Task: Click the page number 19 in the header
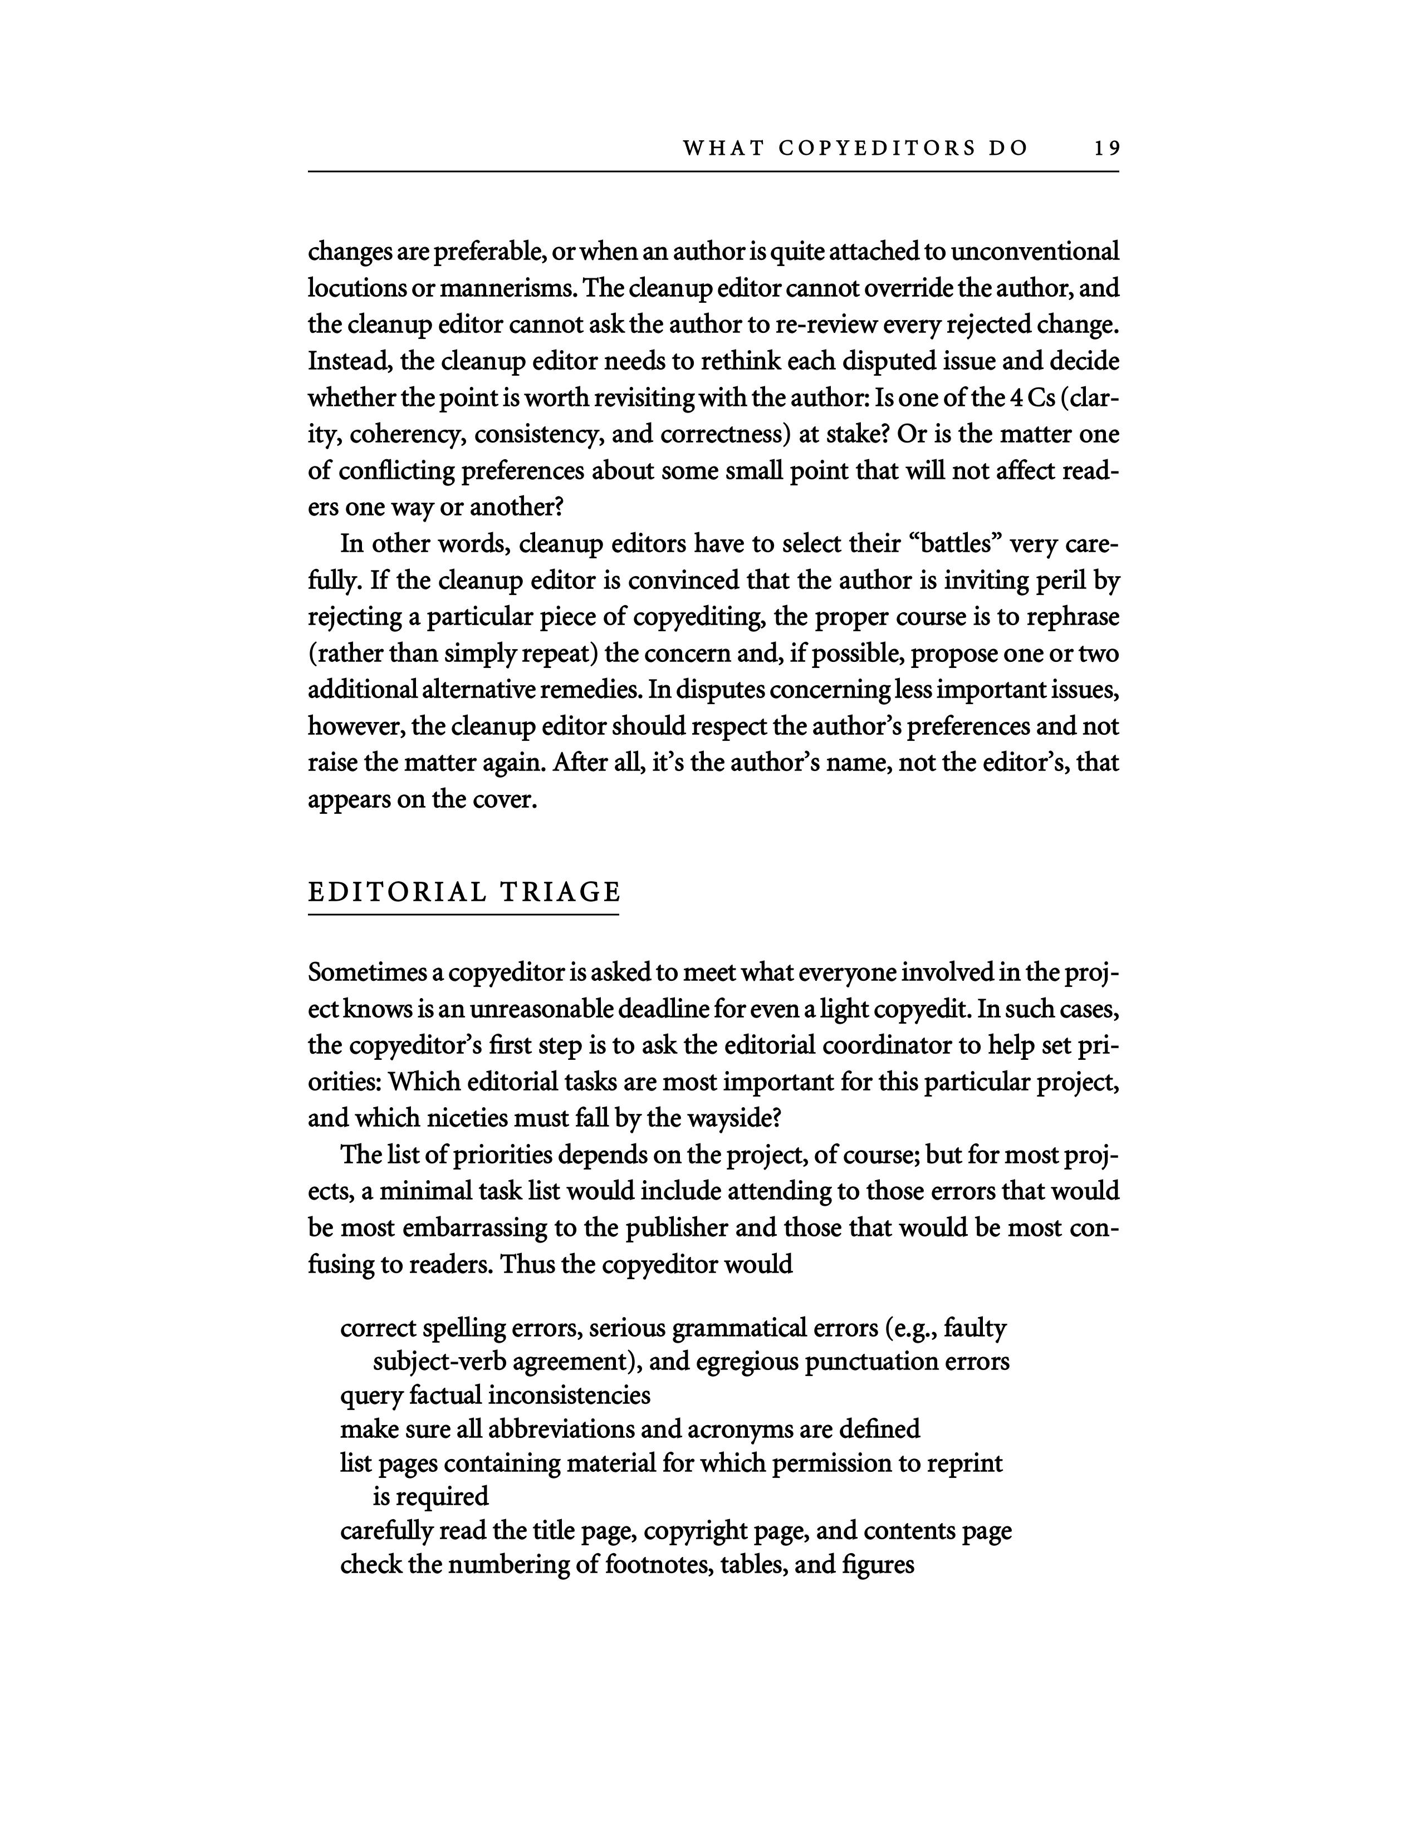(x=1107, y=149)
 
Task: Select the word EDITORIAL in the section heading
(x=397, y=892)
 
